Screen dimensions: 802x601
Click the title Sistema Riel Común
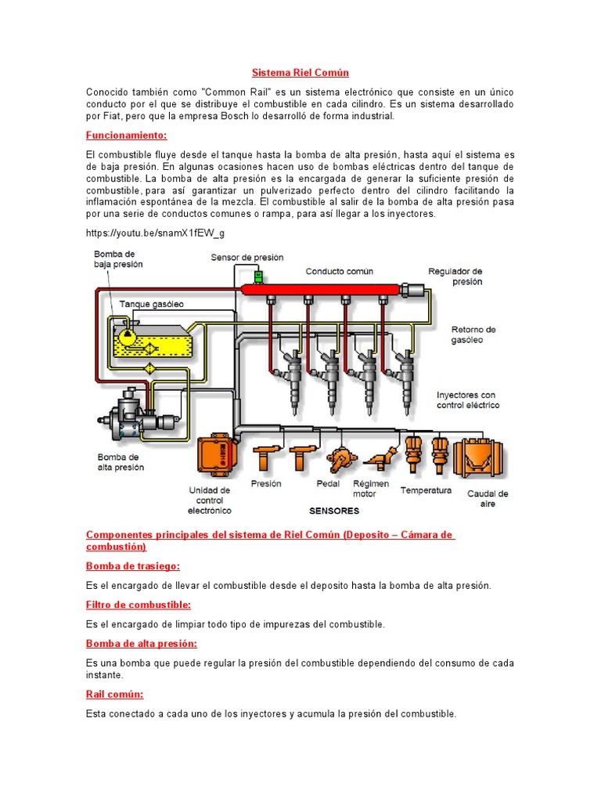tap(300, 73)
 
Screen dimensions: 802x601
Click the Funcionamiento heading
tap(127, 135)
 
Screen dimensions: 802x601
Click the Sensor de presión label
tap(247, 258)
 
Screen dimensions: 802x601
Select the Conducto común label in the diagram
tap(339, 272)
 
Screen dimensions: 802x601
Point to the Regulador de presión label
tap(455, 276)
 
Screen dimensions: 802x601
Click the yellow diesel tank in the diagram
tap(156, 343)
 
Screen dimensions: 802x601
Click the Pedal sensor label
tap(328, 484)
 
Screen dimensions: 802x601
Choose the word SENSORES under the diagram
tap(334, 511)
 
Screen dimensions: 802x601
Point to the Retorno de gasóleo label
tap(473, 334)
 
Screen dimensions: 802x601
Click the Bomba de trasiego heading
tap(133, 565)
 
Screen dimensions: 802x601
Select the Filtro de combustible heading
tap(139, 605)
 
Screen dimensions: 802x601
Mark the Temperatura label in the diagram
tap(426, 490)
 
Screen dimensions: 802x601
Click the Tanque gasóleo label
tap(151, 303)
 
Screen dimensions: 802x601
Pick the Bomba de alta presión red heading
tap(141, 643)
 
